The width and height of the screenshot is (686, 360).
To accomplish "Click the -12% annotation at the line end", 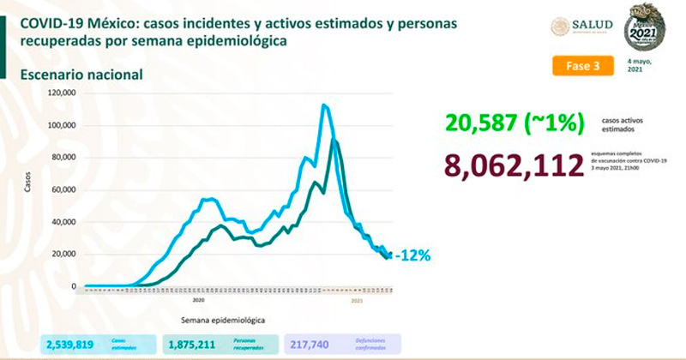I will [412, 255].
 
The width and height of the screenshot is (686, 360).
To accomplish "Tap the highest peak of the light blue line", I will [323, 105].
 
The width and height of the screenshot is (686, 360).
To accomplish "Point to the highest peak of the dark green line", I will [333, 140].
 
